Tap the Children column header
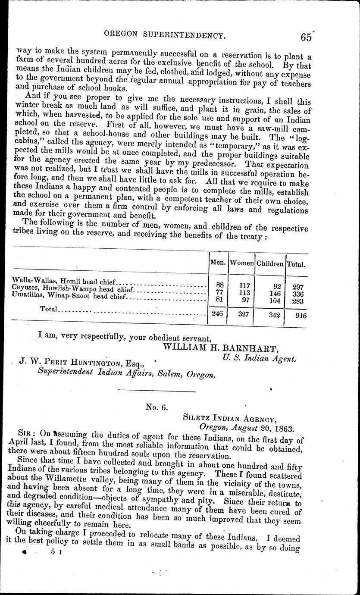[x=270, y=263]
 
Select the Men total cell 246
[x=217, y=314]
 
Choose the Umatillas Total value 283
[x=298, y=301]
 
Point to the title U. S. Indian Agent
[x=259, y=357]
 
